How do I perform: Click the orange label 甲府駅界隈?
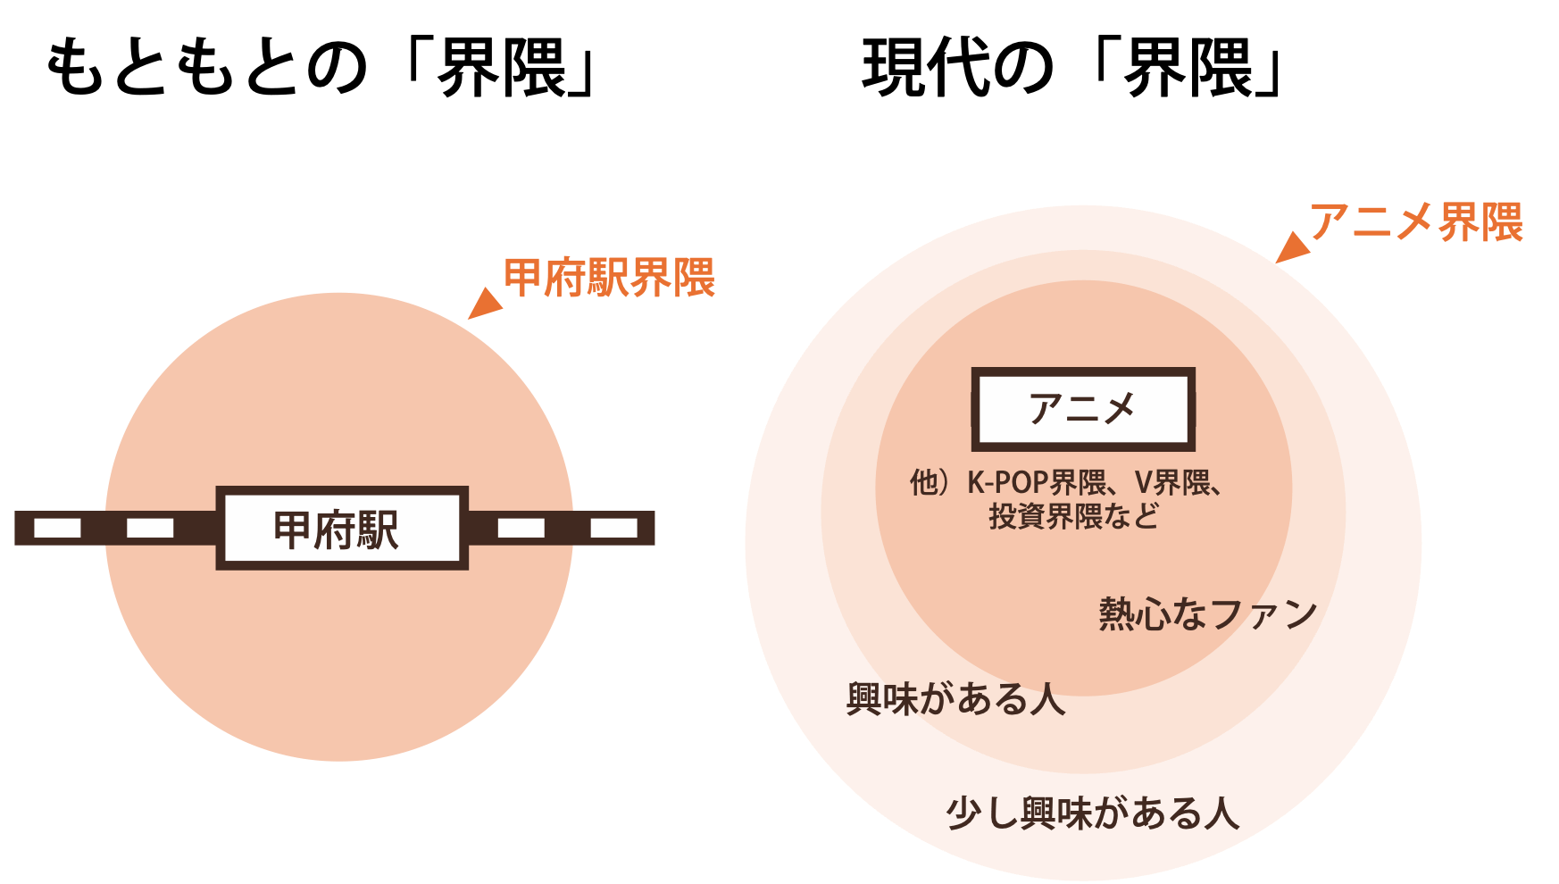(609, 278)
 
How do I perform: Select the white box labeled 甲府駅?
(342, 528)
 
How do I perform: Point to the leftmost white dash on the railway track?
(57, 528)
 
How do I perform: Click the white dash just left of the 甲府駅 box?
(150, 528)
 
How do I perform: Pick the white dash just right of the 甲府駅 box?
(521, 528)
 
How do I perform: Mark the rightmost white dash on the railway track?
(613, 528)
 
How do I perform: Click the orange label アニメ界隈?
(1416, 222)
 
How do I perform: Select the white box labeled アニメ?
(1082, 409)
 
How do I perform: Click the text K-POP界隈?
(1036, 483)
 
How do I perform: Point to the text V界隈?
(1171, 483)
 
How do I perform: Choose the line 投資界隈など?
(1073, 516)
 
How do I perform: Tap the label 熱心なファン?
(1207, 614)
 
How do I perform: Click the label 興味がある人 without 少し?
(955, 699)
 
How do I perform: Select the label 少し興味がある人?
(1092, 813)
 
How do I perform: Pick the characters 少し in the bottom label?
(981, 813)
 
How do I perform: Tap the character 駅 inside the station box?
(379, 530)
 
